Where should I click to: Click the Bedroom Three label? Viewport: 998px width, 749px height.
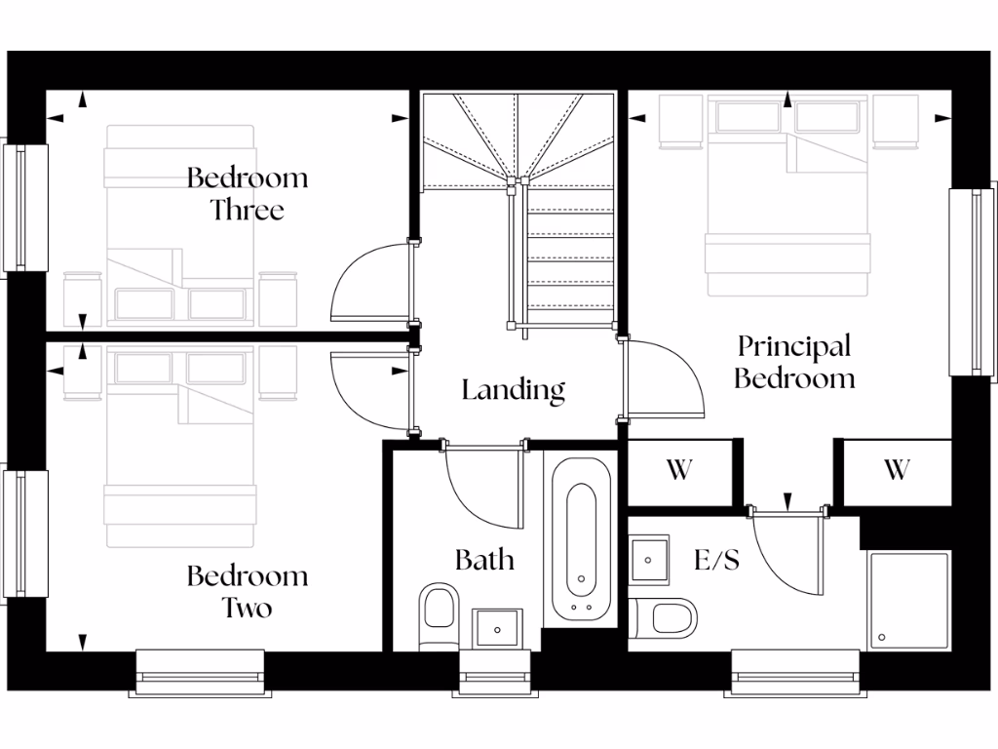pyautogui.click(x=247, y=193)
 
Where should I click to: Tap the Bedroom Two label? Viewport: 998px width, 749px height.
pyautogui.click(x=247, y=591)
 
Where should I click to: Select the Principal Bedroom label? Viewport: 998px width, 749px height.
pyautogui.click(x=793, y=362)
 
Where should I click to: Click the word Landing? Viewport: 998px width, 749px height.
pyautogui.click(x=513, y=390)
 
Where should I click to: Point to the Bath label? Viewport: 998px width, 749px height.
pyautogui.click(x=484, y=560)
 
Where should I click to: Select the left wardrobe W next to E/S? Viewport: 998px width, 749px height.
pyautogui.click(x=679, y=470)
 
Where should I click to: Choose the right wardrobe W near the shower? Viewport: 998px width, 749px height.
pyautogui.click(x=896, y=470)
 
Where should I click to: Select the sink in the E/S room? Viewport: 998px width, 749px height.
pyautogui.click(x=648, y=558)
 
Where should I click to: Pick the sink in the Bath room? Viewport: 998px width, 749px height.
pyautogui.click(x=498, y=627)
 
